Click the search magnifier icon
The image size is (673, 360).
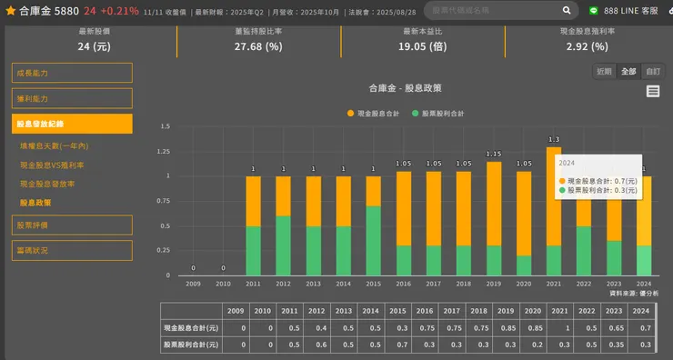(568, 11)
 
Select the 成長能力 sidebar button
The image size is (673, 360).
(72, 73)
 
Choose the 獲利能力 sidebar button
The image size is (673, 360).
(72, 98)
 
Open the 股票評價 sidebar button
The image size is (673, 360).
(72, 225)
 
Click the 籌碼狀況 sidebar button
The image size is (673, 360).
(72, 250)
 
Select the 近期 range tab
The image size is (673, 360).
(604, 71)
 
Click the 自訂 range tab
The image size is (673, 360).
(653, 71)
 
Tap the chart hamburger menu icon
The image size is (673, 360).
(653, 91)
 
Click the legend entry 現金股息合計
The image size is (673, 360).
(374, 114)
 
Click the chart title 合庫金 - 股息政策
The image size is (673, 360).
(405, 88)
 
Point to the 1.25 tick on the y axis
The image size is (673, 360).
(165, 151)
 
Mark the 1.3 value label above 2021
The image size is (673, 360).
(554, 140)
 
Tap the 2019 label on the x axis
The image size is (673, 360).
(494, 284)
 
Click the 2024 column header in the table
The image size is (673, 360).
(641, 311)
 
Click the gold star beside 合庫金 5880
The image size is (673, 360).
(10, 11)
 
